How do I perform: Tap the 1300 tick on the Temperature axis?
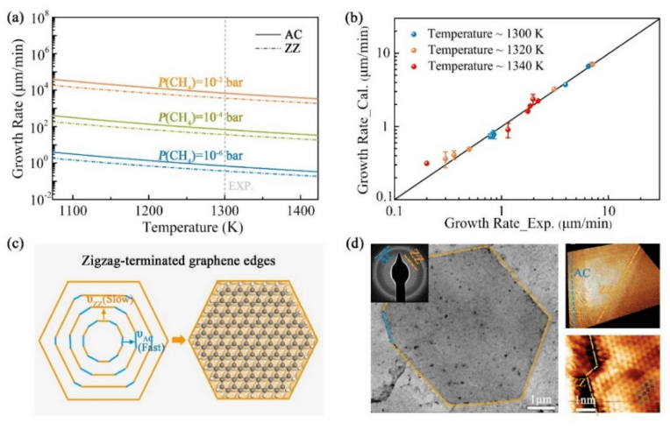click(225, 212)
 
